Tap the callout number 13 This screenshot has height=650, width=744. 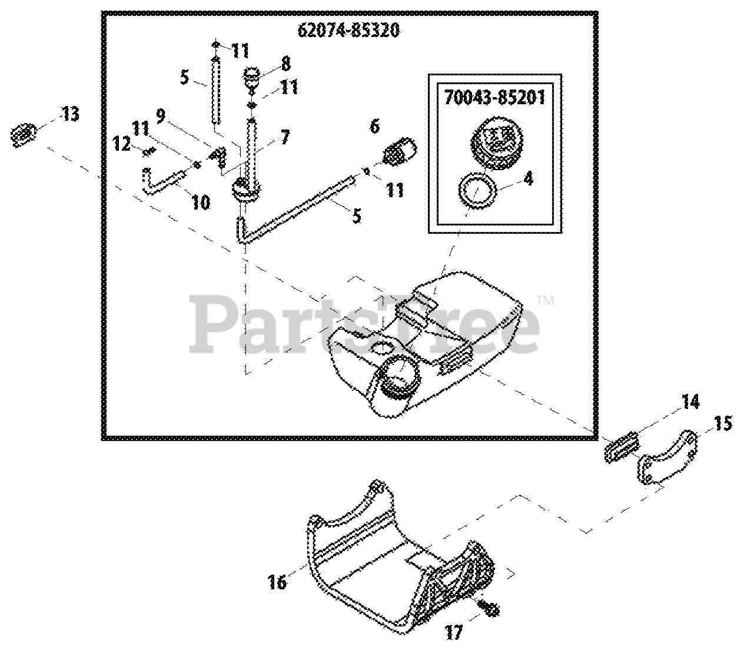(70, 114)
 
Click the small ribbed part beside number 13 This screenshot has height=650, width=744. (24, 135)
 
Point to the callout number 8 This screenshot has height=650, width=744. (285, 62)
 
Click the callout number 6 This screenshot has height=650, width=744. (375, 125)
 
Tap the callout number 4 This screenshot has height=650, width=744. (528, 178)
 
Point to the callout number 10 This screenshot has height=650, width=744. (201, 203)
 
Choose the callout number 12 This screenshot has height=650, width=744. (122, 144)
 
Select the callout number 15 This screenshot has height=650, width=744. (723, 423)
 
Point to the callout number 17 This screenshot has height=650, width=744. (454, 633)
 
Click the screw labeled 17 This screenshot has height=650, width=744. (488, 608)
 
